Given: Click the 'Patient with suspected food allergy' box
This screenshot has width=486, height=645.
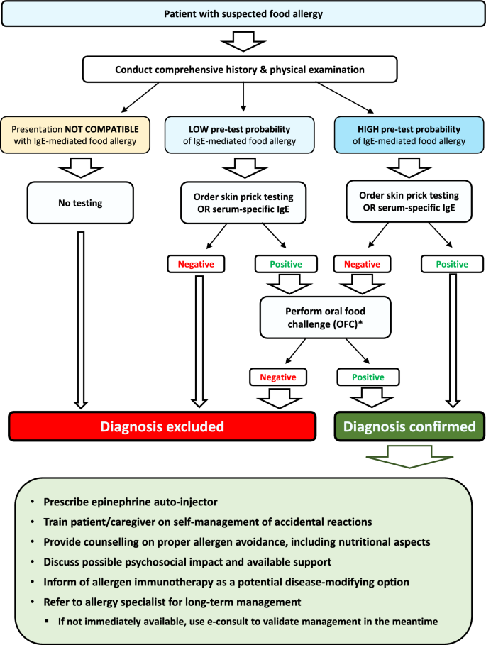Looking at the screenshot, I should pos(243,14).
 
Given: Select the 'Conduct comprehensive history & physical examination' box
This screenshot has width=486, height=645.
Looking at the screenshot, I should pos(243,70).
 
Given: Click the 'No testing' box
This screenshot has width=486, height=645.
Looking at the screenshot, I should pos(80,203).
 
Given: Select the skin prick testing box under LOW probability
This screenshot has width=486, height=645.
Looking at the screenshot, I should pos(243,203).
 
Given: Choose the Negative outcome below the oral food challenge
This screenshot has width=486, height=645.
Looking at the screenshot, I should pos(277,377).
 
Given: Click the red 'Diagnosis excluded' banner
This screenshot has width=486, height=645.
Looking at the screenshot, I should pos(162,427).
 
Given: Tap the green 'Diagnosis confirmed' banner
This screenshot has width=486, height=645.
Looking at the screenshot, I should pos(409,427).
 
